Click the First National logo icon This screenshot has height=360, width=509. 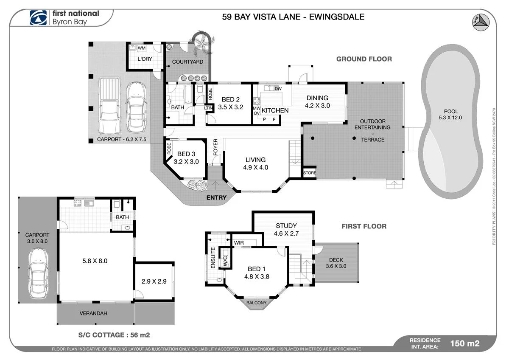(x=39, y=17)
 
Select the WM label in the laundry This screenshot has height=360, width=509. (x=141, y=48)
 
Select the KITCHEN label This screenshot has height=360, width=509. (x=275, y=110)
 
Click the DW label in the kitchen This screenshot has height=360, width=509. (x=278, y=88)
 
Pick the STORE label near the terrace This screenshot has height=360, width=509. (x=309, y=173)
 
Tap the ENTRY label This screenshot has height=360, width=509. (x=216, y=198)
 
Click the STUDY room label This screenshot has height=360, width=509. (x=286, y=225)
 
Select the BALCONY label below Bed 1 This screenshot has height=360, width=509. (x=257, y=303)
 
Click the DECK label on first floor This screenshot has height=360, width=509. (x=336, y=260)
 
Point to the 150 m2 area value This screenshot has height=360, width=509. (x=465, y=343)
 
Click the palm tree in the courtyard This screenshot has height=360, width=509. (x=202, y=42)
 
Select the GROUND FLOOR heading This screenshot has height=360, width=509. (x=364, y=59)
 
